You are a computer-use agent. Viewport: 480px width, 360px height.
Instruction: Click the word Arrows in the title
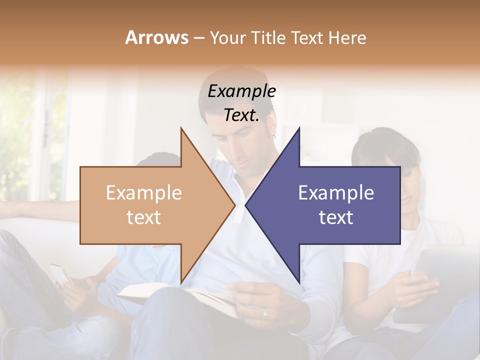coord(156,37)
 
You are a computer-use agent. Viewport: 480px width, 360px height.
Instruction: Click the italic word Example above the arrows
coord(241,91)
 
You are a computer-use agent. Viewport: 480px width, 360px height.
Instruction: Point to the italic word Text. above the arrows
coord(241,115)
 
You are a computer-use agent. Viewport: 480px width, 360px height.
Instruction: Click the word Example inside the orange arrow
coord(144,193)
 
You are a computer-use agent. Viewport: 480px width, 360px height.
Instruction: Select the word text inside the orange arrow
coord(144,217)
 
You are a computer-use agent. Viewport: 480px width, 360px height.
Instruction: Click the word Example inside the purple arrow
coord(336,193)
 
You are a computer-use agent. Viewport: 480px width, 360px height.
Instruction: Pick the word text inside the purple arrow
coord(336,217)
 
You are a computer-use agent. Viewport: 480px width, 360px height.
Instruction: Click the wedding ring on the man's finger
coord(264,314)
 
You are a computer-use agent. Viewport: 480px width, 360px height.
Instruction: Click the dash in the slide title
coord(198,38)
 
